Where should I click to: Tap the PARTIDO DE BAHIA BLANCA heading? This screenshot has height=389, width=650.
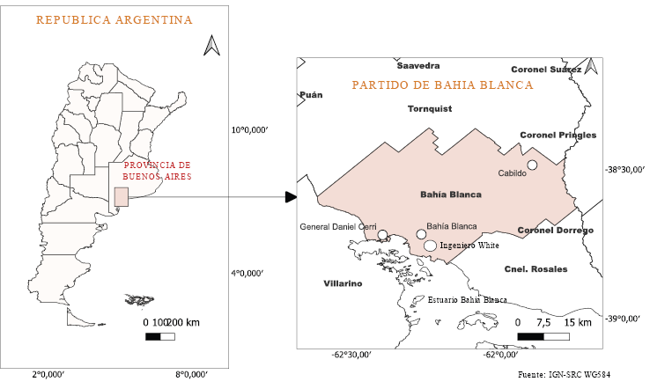tap(442, 85)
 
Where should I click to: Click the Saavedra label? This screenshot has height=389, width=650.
tap(417, 66)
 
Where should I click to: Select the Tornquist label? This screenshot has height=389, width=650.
tap(429, 110)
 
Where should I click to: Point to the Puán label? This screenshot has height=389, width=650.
tap(312, 94)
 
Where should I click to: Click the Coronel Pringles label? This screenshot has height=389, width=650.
tap(558, 135)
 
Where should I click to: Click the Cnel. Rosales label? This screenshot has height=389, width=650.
tap(536, 268)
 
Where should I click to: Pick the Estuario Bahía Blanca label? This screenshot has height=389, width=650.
tap(467, 300)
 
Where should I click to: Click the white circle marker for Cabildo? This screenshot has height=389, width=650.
tap(532, 165)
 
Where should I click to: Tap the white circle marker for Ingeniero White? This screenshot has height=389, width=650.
tap(430, 246)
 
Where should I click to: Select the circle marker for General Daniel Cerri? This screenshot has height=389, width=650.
tap(382, 235)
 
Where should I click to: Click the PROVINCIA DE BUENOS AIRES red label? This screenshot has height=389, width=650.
tap(157, 171)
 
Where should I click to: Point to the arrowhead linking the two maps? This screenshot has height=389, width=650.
tap(291, 195)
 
